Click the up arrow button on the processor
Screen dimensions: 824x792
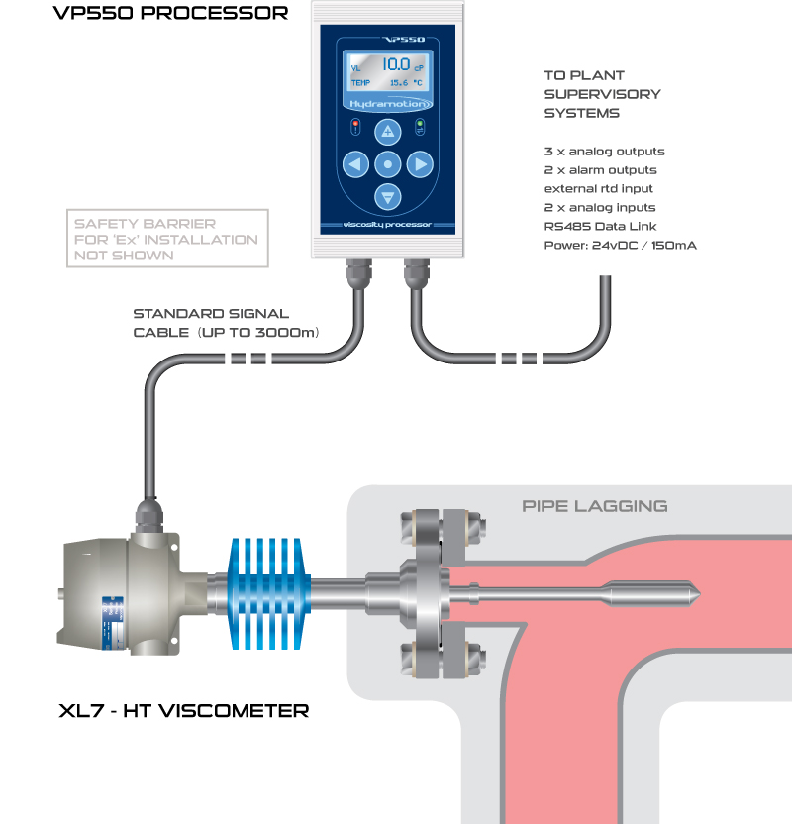[388, 131]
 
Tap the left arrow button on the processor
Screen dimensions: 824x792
[354, 163]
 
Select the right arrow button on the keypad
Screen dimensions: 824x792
[421, 163]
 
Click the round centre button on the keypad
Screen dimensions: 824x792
[388, 163]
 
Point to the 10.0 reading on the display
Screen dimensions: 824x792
[396, 65]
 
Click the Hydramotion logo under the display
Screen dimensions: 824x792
[387, 102]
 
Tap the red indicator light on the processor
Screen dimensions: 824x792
[356, 124]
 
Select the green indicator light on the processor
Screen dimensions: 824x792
[419, 124]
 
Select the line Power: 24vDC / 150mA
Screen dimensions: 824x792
[620, 245]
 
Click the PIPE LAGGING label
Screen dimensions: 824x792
[594, 506]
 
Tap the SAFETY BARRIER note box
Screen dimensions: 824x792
[166, 239]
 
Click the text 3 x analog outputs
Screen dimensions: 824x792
[604, 152]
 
